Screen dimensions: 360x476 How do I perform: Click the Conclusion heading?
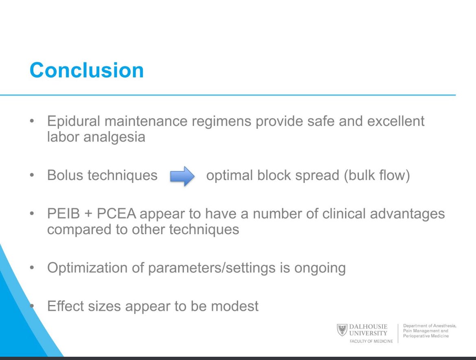click(x=87, y=70)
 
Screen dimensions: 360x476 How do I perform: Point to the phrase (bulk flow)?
click(x=376, y=176)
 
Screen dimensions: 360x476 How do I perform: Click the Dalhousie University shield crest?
click(x=342, y=329)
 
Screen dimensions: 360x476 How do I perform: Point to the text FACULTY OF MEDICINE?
click(x=371, y=341)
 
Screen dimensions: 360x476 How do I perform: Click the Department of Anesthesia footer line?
click(x=430, y=326)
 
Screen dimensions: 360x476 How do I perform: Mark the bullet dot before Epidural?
click(x=32, y=121)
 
